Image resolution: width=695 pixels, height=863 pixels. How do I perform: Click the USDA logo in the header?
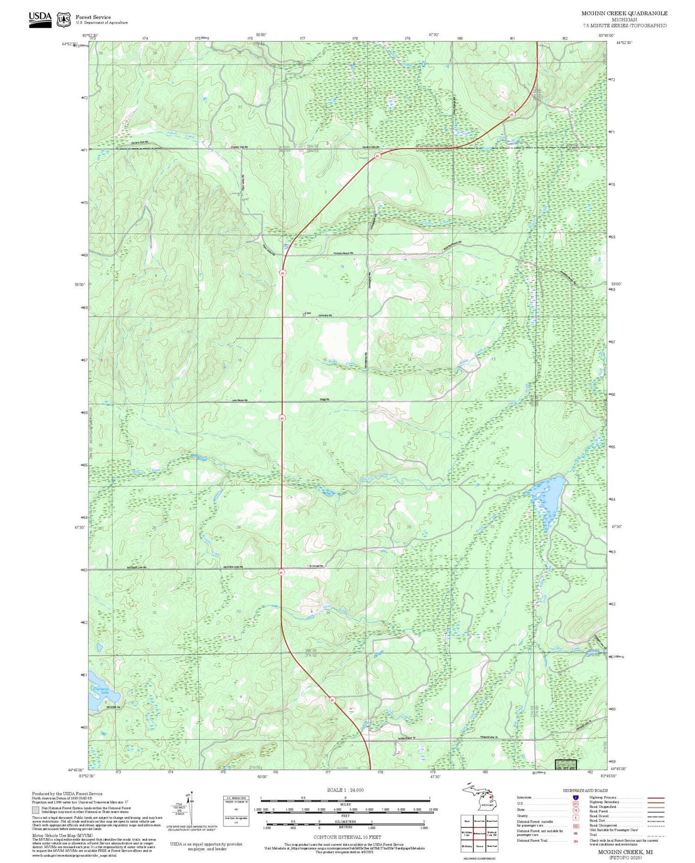(40, 19)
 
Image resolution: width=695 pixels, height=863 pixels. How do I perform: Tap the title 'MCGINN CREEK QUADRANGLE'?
(624, 13)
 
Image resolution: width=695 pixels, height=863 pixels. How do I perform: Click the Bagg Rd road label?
(324, 400)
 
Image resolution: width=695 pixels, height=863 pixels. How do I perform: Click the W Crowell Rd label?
(316, 566)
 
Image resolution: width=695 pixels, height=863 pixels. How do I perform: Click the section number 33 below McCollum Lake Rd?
(239, 611)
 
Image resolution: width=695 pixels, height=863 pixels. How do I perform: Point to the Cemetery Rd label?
(325, 316)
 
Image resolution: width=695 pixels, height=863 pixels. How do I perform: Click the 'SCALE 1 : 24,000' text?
(345, 790)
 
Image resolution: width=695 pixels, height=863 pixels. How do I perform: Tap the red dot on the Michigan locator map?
(491, 798)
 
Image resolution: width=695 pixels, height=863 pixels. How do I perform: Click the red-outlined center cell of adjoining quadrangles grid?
(479, 833)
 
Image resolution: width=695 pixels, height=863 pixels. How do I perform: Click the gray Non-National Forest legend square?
(36, 810)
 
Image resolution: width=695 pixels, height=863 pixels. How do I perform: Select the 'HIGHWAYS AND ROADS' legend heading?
(585, 790)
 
